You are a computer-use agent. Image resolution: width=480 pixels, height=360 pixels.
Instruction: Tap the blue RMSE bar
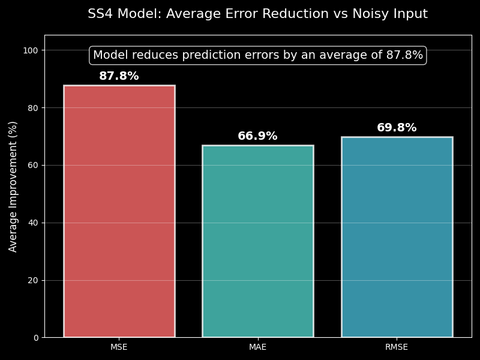click(397, 237)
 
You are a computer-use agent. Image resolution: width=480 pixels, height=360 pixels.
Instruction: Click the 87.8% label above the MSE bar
click(119, 76)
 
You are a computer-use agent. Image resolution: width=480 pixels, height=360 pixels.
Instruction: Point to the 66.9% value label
click(258, 136)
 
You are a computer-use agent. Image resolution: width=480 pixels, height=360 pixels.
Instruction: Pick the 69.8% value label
click(397, 128)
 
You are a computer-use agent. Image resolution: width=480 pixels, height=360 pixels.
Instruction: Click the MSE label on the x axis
click(119, 347)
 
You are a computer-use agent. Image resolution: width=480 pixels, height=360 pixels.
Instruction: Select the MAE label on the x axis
click(258, 347)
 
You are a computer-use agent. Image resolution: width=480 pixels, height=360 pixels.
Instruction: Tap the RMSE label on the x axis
click(397, 347)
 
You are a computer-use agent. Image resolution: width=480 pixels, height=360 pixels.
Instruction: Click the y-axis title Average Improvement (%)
click(13, 186)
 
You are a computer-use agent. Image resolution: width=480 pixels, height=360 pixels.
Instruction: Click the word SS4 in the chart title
click(100, 14)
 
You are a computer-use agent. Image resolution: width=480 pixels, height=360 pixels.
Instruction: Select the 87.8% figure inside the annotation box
click(404, 55)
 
